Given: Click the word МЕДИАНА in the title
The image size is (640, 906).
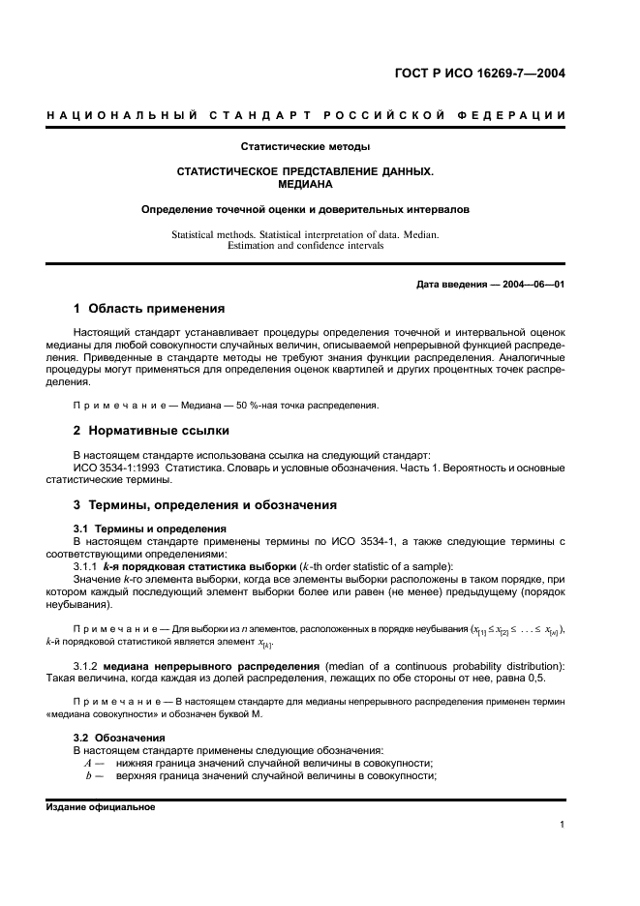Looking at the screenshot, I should point(305,182).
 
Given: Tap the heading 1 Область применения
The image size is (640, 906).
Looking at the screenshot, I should point(149,309).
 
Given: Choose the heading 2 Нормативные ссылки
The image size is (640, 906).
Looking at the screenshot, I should point(151,430).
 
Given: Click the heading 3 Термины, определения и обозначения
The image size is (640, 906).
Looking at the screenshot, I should point(205,504).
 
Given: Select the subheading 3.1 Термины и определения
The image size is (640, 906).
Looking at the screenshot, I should point(150,528).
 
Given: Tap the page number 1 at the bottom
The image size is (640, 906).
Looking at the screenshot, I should point(562,825).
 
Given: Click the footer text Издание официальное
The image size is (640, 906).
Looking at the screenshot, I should point(101,806).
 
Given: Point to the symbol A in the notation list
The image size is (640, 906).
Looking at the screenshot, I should point(88,763).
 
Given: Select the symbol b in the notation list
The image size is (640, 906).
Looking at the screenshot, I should point(88,775).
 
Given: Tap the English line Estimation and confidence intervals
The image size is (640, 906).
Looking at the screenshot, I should point(305,246).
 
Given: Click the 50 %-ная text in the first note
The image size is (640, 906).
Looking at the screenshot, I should point(238,405).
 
